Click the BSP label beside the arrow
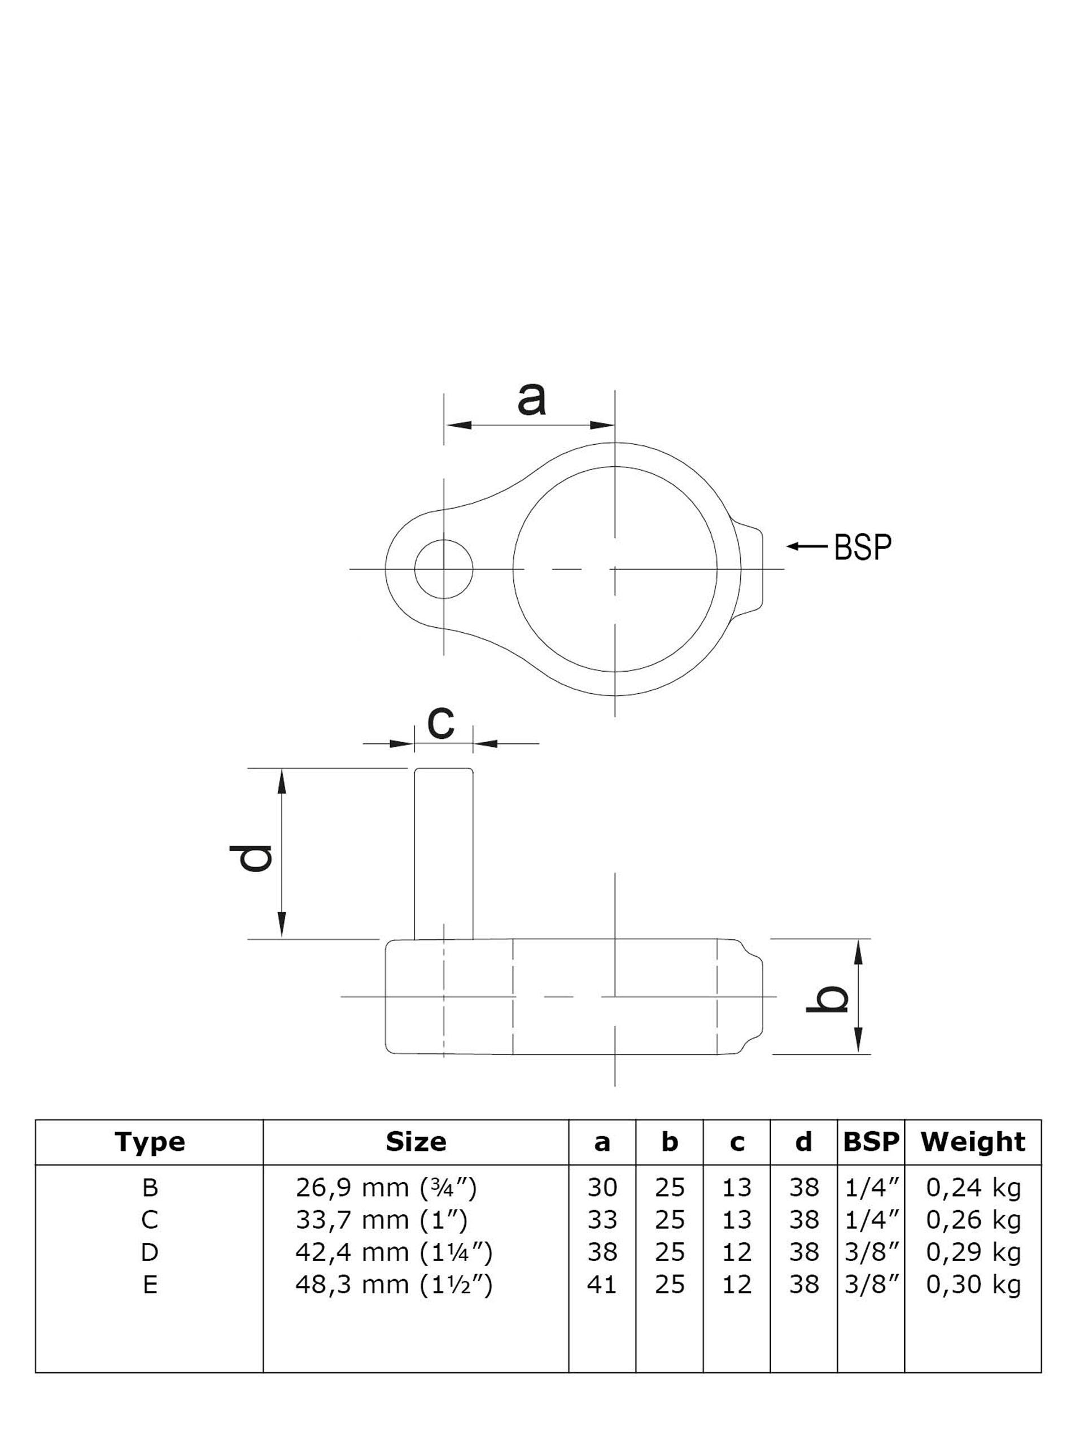(x=862, y=548)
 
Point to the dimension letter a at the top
(x=531, y=400)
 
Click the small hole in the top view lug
(x=444, y=569)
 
